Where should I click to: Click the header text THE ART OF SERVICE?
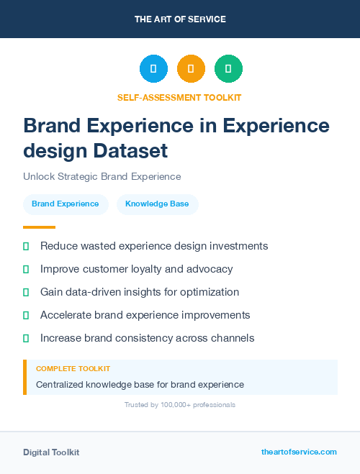(180, 19)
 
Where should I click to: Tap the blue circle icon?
(153, 68)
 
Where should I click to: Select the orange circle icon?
(191, 68)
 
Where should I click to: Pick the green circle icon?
(228, 68)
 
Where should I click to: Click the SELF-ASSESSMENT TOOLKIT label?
(180, 97)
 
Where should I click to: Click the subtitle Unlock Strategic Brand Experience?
(102, 176)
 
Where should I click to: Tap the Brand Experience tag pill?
(66, 204)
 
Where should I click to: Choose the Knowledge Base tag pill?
(157, 204)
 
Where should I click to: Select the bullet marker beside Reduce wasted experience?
(26, 246)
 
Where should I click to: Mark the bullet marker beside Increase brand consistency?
(26, 338)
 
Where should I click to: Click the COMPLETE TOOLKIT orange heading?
(73, 368)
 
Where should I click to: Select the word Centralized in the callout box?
(59, 385)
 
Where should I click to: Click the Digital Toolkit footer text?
(51, 452)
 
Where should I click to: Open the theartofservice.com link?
(299, 452)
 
